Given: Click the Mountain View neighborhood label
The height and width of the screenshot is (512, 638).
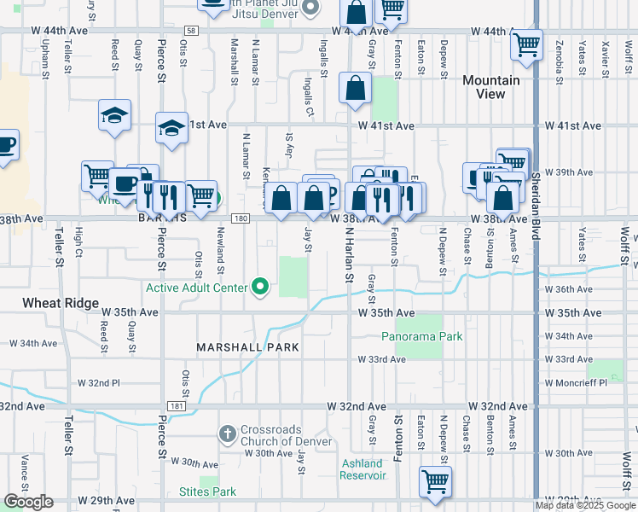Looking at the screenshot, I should tap(490, 87).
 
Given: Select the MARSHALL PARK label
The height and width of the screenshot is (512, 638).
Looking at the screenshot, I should tap(247, 347).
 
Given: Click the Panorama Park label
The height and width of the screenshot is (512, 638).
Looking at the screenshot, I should tap(421, 336).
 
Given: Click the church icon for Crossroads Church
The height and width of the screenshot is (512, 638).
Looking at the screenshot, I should tap(227, 434).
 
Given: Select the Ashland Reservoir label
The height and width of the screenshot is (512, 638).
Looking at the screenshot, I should tap(362, 469).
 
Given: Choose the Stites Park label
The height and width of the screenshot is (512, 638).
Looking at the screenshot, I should tap(207, 492).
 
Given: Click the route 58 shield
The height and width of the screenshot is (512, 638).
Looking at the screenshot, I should tap(189, 31).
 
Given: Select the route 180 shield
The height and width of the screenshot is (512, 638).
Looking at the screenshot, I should tap(241, 219).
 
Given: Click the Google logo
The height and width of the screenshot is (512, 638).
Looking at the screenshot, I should tap(28, 502).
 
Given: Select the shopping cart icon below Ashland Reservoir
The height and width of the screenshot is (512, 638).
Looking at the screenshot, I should tap(435, 480).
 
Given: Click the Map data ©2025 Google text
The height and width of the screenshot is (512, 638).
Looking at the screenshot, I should tap(585, 505).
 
